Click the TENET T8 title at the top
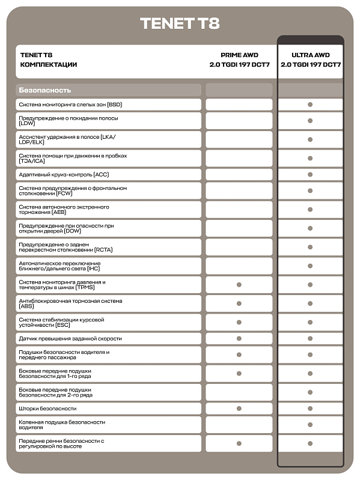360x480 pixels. click(180, 23)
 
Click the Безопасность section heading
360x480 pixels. click(45, 90)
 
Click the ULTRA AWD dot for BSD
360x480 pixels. click(310, 105)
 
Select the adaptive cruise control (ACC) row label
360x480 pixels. click(64, 174)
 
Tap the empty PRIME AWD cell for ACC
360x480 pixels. click(239, 174)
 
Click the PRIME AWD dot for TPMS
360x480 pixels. click(239, 285)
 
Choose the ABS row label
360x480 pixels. click(70, 303)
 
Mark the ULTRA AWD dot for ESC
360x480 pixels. click(310, 322)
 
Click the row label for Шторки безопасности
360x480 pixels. click(47, 409)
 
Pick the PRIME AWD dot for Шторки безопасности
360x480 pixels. click(239, 409)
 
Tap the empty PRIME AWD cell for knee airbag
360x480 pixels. click(239, 425)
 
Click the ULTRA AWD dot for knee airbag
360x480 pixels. click(310, 425)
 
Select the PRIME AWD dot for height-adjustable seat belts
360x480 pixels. click(239, 443)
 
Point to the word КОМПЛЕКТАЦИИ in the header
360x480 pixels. click(49, 64)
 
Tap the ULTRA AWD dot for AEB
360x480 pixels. click(310, 210)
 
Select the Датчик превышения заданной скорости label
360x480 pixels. click(70, 339)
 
